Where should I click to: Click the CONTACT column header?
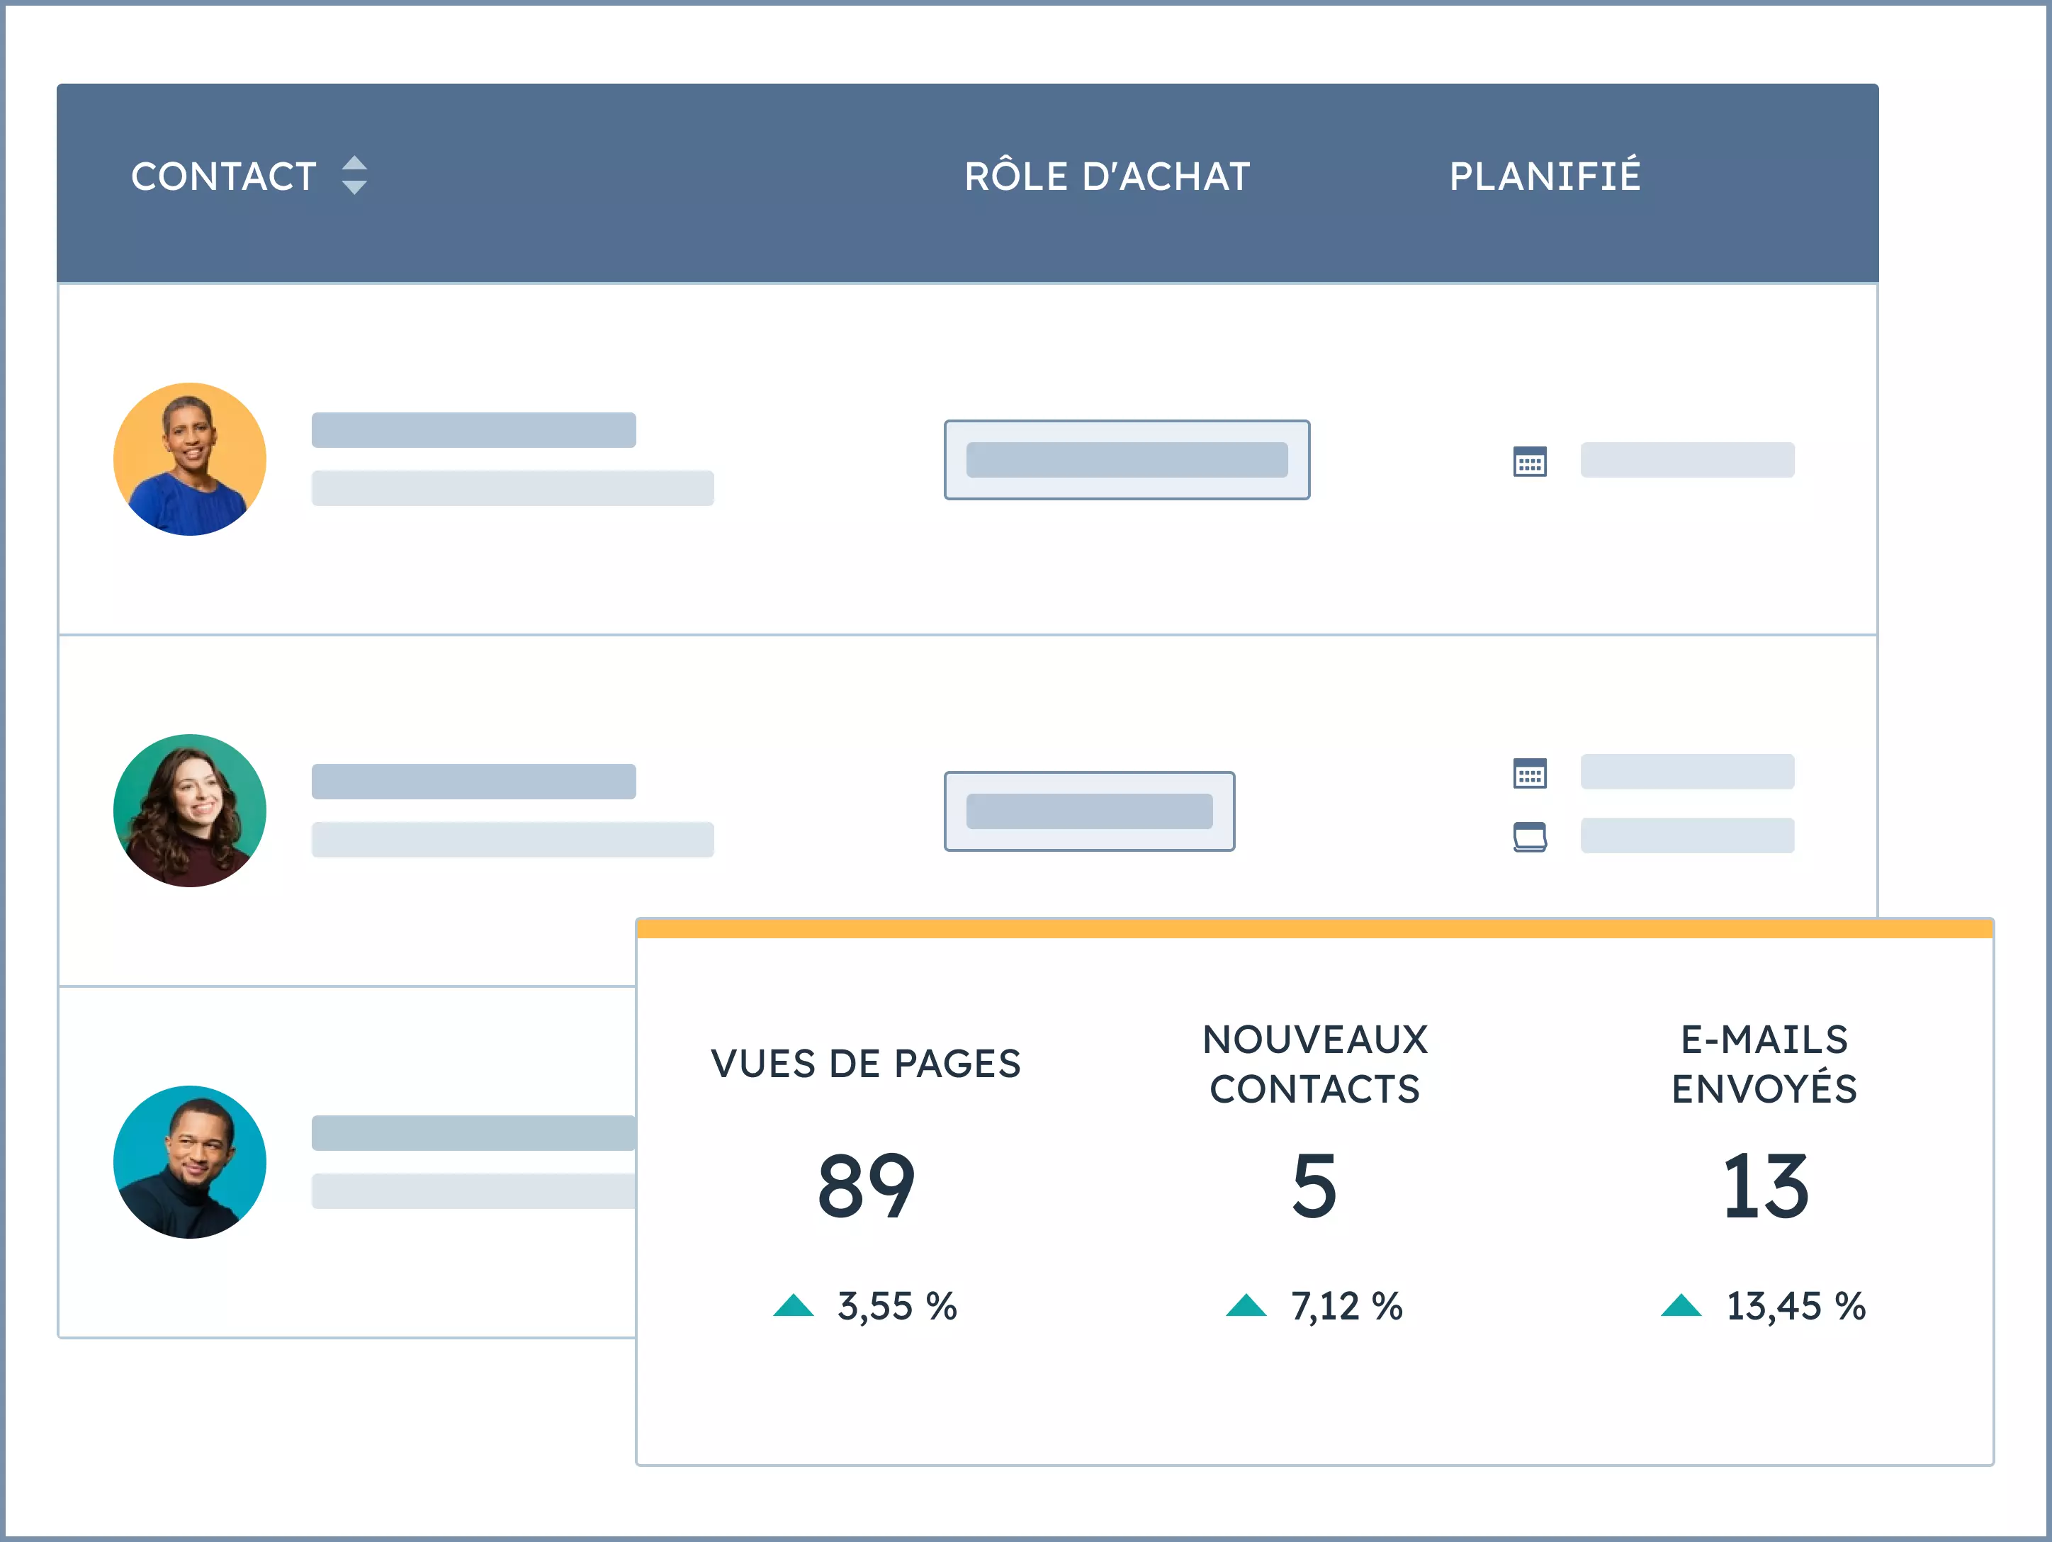(224, 176)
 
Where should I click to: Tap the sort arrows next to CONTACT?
(354, 175)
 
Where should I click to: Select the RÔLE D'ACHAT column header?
(1107, 176)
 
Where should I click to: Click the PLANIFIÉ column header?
(1545, 176)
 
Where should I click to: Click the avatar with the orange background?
(190, 459)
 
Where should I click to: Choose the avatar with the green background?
(190, 811)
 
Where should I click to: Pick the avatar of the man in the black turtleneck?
(190, 1161)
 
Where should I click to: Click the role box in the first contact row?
(1126, 460)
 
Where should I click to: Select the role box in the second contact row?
(1089, 811)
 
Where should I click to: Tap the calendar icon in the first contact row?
(1530, 461)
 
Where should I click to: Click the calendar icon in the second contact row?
(1530, 773)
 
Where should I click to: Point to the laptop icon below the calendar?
(1530, 836)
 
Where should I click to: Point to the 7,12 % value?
(1346, 1306)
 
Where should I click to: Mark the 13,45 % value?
(1795, 1306)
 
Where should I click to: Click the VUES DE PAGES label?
(866, 1063)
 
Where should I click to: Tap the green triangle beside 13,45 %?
(1681, 1305)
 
